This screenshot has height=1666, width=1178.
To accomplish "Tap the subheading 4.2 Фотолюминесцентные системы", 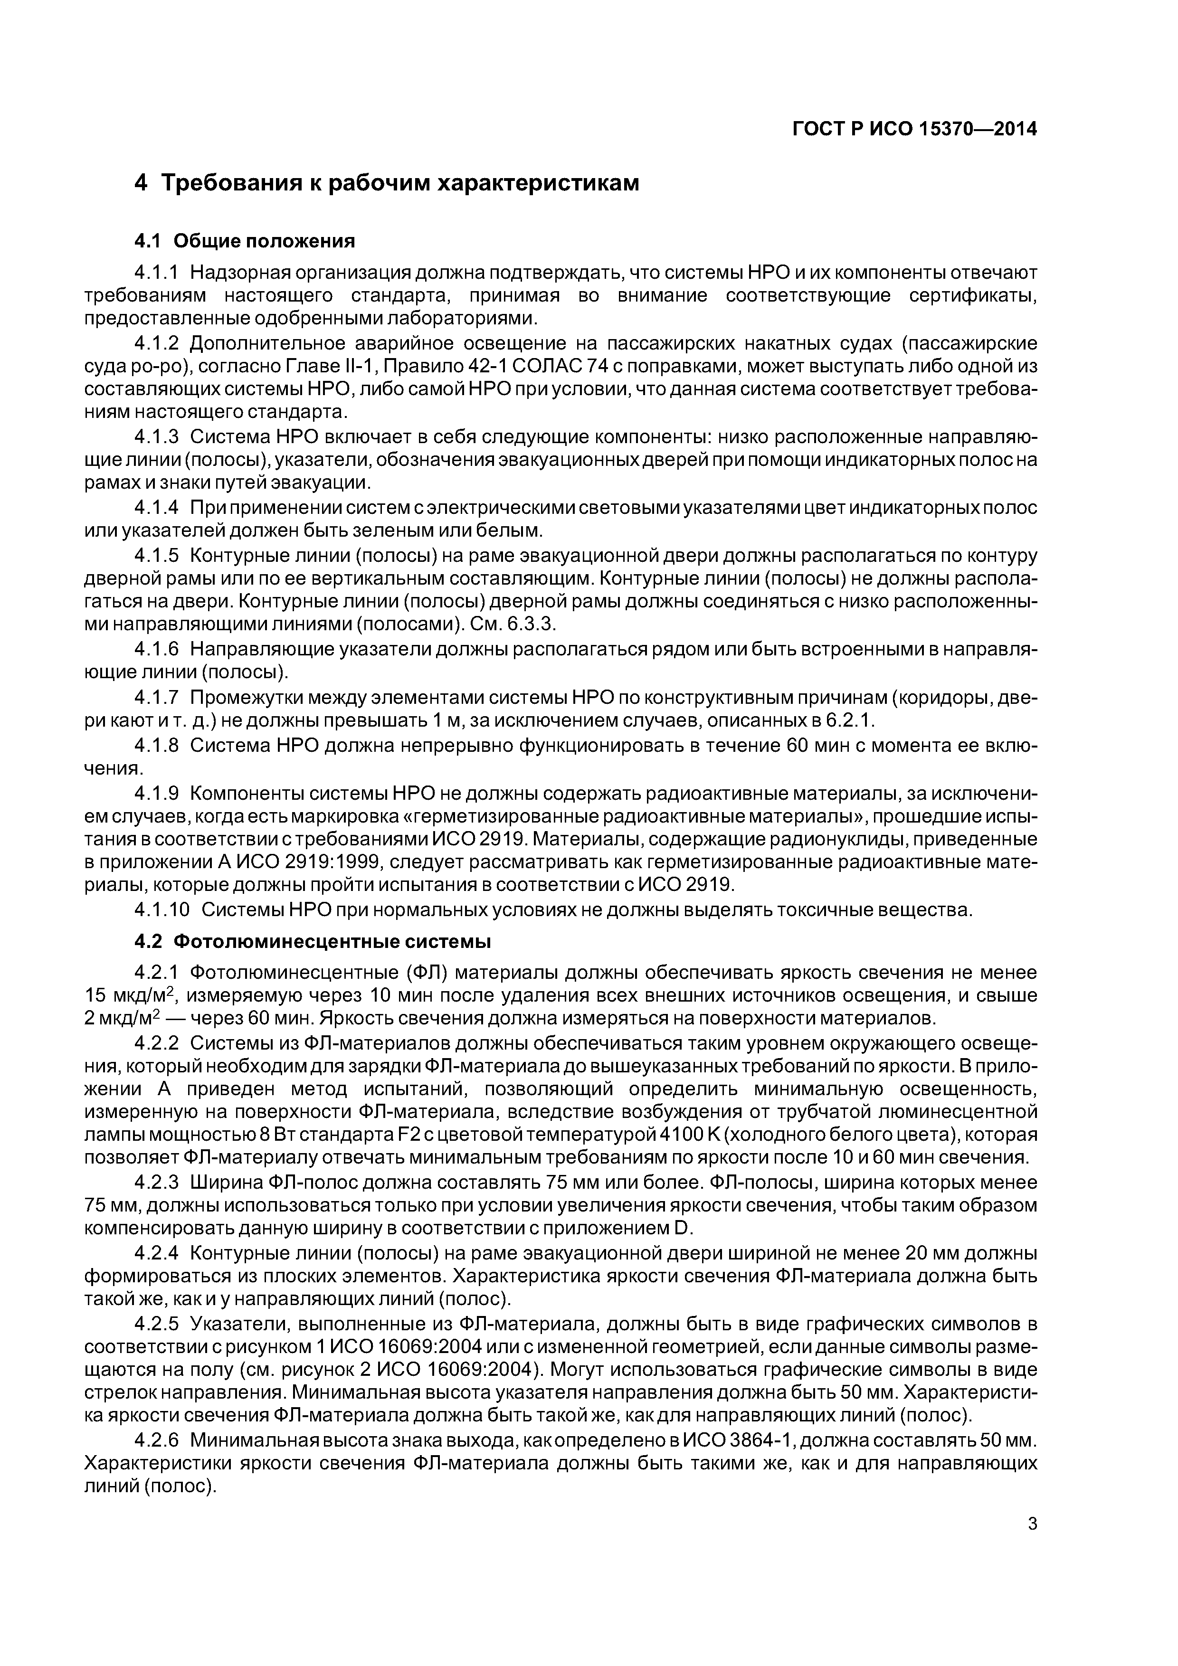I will point(313,942).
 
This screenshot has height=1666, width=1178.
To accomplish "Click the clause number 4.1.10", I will point(162,910).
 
